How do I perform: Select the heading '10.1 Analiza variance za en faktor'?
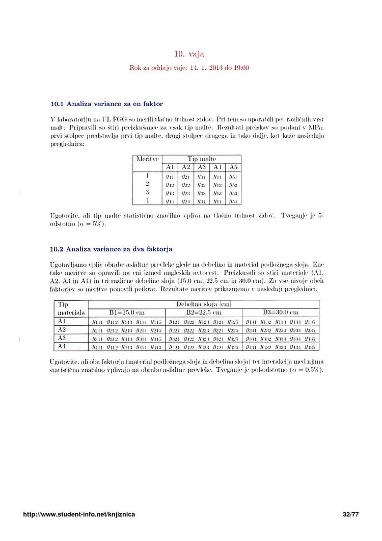pyautogui.click(x=106, y=104)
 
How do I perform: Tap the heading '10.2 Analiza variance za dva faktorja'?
pyautogui.click(x=111, y=249)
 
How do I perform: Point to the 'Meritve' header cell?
pyautogui.click(x=147, y=159)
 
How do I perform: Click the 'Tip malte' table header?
pyautogui.click(x=202, y=159)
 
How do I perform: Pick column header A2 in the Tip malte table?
pyautogui.click(x=186, y=167)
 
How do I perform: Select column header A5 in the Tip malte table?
pyautogui.click(x=233, y=167)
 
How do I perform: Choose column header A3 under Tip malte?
pyautogui.click(x=202, y=167)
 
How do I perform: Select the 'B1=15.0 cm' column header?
pyautogui.click(x=127, y=313)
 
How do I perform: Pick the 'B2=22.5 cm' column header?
pyautogui.click(x=203, y=313)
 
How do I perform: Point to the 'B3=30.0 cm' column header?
pyautogui.click(x=280, y=313)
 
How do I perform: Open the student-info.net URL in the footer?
pyautogui.click(x=79, y=515)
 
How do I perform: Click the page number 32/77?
pyautogui.click(x=351, y=515)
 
